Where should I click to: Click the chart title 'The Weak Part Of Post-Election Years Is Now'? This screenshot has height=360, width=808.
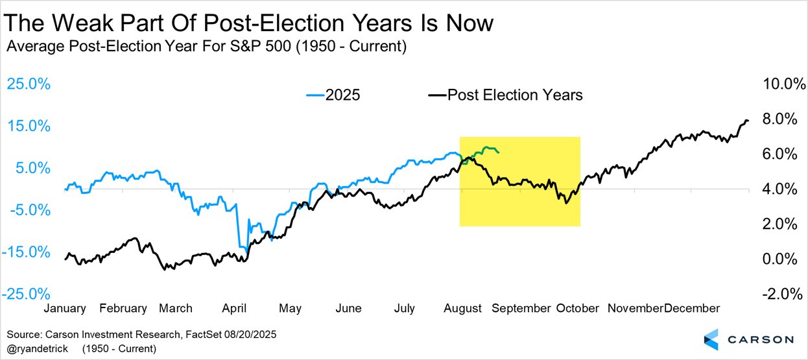tap(249, 23)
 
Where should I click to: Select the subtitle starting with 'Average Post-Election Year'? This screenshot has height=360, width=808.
tap(206, 47)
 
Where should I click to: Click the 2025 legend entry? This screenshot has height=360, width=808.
tap(333, 95)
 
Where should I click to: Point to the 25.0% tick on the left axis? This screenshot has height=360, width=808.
tap(27, 84)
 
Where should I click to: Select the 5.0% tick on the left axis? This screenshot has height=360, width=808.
tap(29, 168)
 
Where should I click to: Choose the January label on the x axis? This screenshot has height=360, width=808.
tap(65, 308)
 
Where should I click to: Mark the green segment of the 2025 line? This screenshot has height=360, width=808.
tap(483, 150)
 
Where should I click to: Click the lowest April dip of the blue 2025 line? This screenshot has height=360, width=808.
tap(243, 247)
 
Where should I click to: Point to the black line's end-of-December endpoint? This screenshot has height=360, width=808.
tap(748, 121)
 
